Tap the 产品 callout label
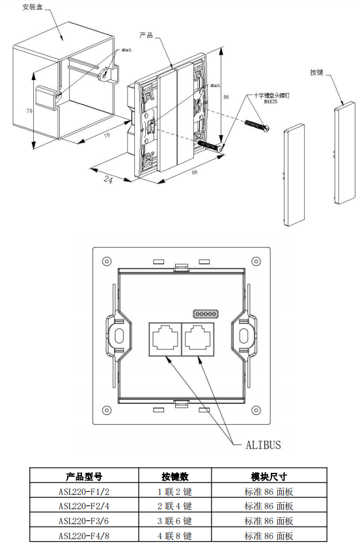146,34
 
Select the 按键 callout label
317,72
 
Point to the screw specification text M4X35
270,101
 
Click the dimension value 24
108,180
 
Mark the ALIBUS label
263,445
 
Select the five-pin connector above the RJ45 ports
205,314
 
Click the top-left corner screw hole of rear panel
105,261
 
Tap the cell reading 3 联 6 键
175,521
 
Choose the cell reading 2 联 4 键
175,506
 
